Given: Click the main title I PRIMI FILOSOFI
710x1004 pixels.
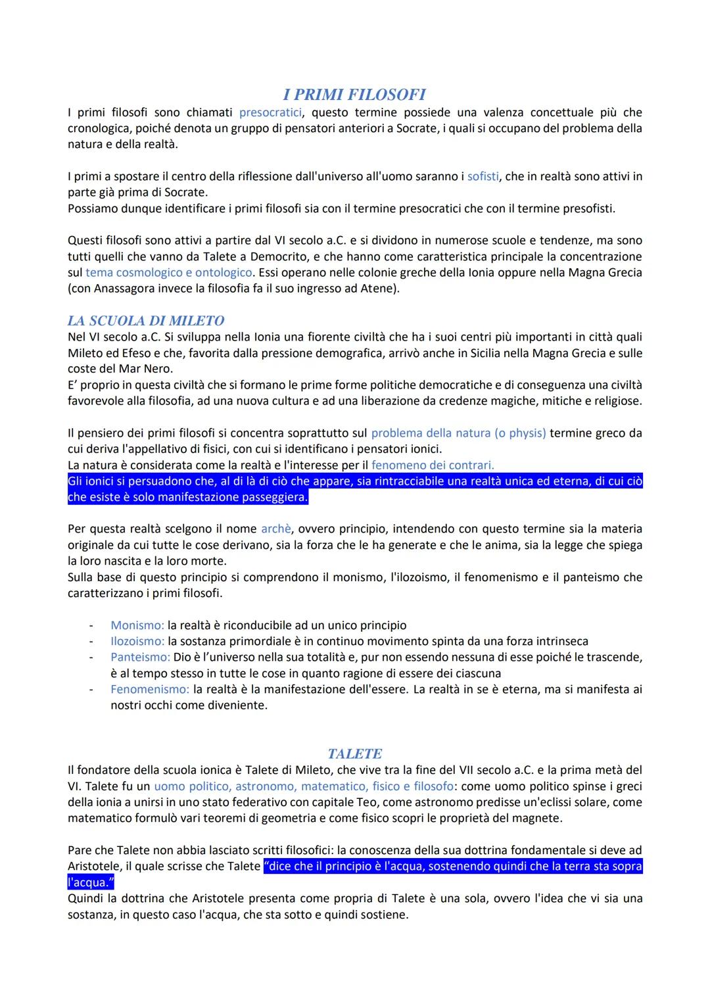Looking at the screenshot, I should [354, 95].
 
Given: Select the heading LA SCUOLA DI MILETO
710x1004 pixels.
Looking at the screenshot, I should [145, 321].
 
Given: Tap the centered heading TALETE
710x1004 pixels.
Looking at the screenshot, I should [354, 753].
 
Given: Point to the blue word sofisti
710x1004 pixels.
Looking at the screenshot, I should [483, 176].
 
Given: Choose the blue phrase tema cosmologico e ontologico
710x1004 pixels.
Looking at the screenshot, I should [169, 272].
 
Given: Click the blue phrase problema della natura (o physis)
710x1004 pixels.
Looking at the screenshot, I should [458, 433].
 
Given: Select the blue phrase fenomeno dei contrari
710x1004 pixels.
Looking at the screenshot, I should [433, 465].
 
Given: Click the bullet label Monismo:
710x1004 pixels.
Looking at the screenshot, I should [137, 625].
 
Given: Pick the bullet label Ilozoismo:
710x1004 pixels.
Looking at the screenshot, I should [137, 641].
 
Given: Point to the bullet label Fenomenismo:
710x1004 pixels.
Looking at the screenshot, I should [149, 689].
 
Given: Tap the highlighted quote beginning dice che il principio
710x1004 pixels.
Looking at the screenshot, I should [452, 867].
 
